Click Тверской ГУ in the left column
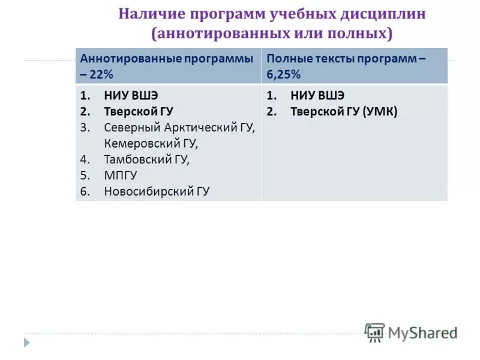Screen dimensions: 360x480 [x=138, y=112]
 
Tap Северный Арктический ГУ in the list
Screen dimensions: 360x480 [x=179, y=128]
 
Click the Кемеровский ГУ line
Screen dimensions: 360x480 [x=151, y=144]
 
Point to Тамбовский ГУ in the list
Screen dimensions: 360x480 [x=146, y=160]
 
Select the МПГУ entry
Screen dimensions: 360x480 [x=121, y=176]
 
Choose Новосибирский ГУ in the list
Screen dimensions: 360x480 [x=157, y=192]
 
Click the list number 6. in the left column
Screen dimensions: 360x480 [x=85, y=192]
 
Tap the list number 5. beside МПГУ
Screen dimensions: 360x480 [x=85, y=176]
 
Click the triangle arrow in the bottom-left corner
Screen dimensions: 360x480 [x=26, y=342]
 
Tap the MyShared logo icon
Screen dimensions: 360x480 [x=374, y=332]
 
